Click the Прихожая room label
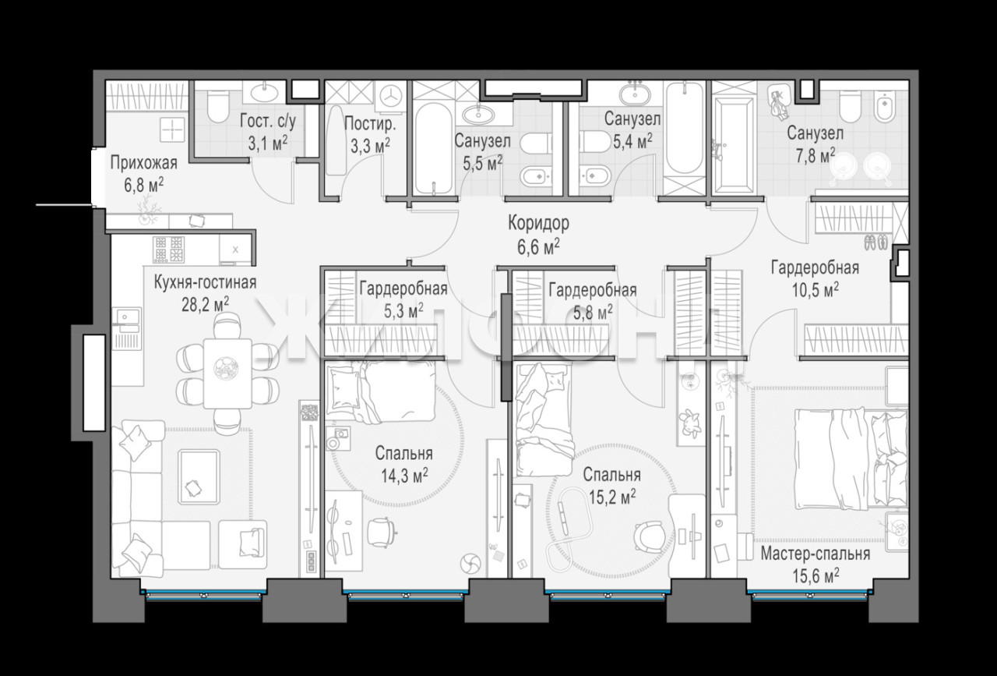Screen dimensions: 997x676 pos(144,163)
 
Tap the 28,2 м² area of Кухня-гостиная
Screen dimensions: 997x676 pos(205,305)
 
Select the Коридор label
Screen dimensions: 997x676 pos(538,223)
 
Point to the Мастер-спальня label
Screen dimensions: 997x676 pos(815,554)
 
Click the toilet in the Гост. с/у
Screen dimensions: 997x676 pos(218,107)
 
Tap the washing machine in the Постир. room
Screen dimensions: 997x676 pos(391,96)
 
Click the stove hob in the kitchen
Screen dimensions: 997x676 pos(169,249)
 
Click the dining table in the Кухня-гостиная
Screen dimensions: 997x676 pos(228,373)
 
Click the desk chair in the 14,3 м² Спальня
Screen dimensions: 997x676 pos(382,531)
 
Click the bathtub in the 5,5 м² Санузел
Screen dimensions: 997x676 pos(433,148)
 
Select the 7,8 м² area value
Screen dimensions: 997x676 pos(815,155)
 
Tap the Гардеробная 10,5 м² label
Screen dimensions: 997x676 pos(815,279)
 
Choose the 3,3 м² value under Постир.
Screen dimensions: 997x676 pos(370,146)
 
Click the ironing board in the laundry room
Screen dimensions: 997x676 pos(336,140)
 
